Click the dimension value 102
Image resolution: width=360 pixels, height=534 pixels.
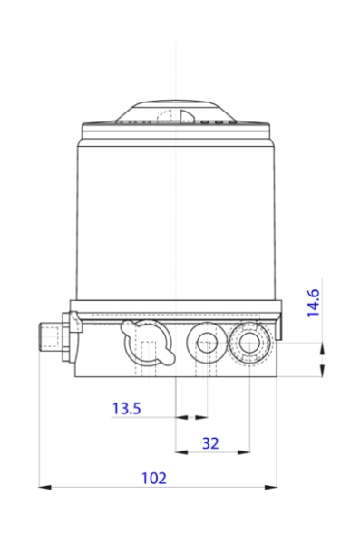coord(156,477)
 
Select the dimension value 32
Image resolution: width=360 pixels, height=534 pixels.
coord(210,443)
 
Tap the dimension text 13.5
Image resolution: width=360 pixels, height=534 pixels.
coord(127,409)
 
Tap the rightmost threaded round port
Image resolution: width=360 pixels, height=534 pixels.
coord(248,344)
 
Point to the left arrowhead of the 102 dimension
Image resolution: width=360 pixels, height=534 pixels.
coord(44,488)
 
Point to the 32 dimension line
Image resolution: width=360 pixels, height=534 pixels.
coord(210,451)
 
